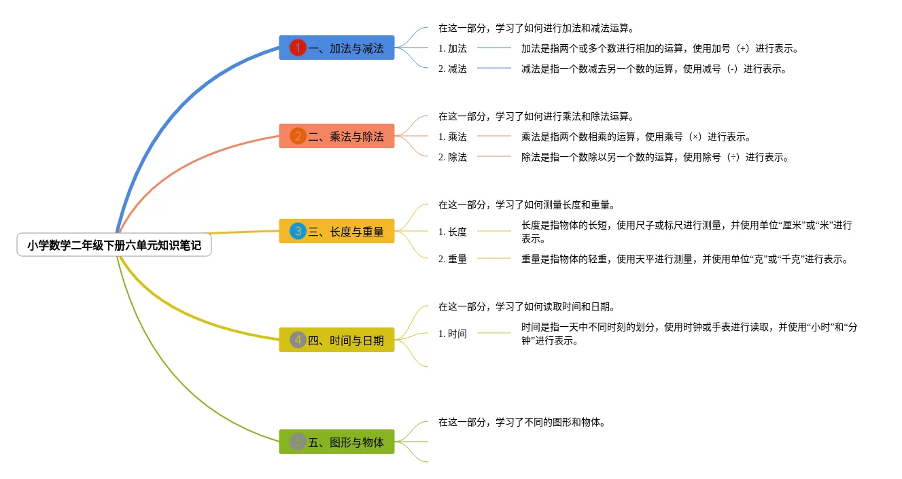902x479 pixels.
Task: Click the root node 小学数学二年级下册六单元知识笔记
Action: click(114, 245)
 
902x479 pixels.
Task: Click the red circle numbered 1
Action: click(298, 48)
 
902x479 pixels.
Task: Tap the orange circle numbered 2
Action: click(298, 136)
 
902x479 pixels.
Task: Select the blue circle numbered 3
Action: click(298, 231)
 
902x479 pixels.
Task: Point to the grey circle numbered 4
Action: click(298, 340)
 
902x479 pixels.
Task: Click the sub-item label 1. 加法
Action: click(453, 48)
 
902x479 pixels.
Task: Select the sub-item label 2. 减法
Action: click(453, 69)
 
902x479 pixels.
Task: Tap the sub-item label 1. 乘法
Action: click(453, 137)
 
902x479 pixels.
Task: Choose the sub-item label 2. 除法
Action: click(453, 157)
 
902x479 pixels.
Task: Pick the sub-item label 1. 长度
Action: click(453, 232)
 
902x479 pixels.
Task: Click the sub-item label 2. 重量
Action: click(453, 259)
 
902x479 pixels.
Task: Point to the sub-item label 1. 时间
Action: click(453, 334)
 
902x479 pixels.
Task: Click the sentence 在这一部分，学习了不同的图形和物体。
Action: click(521, 422)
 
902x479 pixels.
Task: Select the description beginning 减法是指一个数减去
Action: click(654, 69)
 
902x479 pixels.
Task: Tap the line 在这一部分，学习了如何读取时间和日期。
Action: click(526, 306)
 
